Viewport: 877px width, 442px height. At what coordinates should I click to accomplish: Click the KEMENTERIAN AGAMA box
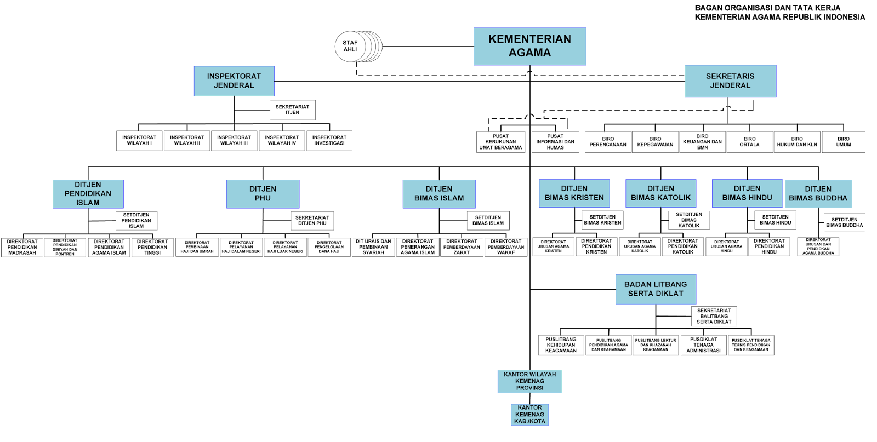pyautogui.click(x=529, y=46)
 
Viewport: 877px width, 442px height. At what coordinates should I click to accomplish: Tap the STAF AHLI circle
pyautogui.click(x=350, y=46)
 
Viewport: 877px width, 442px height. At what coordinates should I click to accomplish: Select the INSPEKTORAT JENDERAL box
pyautogui.click(x=234, y=81)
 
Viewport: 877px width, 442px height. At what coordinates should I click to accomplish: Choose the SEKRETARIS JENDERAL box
pyautogui.click(x=730, y=81)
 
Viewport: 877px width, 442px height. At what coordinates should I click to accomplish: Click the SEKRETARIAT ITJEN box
pyautogui.click(x=292, y=110)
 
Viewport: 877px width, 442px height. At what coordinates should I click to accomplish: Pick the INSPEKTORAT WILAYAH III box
pyautogui.click(x=234, y=141)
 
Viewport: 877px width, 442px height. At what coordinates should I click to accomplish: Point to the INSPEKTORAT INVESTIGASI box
pyautogui.click(x=329, y=141)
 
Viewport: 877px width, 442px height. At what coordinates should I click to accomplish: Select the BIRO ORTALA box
pyautogui.click(x=749, y=142)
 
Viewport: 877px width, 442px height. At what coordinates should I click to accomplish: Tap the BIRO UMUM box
pyautogui.click(x=844, y=142)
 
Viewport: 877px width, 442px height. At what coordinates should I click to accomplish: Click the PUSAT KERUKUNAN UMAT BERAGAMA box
pyautogui.click(x=500, y=142)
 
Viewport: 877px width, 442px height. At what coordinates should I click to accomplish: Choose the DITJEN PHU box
pyautogui.click(x=263, y=194)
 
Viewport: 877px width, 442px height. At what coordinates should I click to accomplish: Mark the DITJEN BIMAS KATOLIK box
pyautogui.click(x=660, y=193)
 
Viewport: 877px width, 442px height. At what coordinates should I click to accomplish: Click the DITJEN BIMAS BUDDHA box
pyautogui.click(x=818, y=194)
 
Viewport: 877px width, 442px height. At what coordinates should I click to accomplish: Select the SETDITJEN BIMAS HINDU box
pyautogui.click(x=775, y=220)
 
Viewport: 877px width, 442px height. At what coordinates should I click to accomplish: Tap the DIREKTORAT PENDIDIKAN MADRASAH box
pyautogui.click(x=22, y=248)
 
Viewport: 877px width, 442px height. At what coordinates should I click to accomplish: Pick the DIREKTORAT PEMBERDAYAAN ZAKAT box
pyautogui.click(x=462, y=247)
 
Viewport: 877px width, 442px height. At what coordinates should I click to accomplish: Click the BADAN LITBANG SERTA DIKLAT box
pyautogui.click(x=656, y=289)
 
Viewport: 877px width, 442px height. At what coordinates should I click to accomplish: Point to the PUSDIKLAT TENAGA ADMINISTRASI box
pyautogui.click(x=703, y=345)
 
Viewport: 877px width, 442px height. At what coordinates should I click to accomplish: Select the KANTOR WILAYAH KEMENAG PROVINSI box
pyautogui.click(x=529, y=381)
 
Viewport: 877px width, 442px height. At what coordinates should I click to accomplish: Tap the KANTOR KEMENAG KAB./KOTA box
pyautogui.click(x=529, y=415)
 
